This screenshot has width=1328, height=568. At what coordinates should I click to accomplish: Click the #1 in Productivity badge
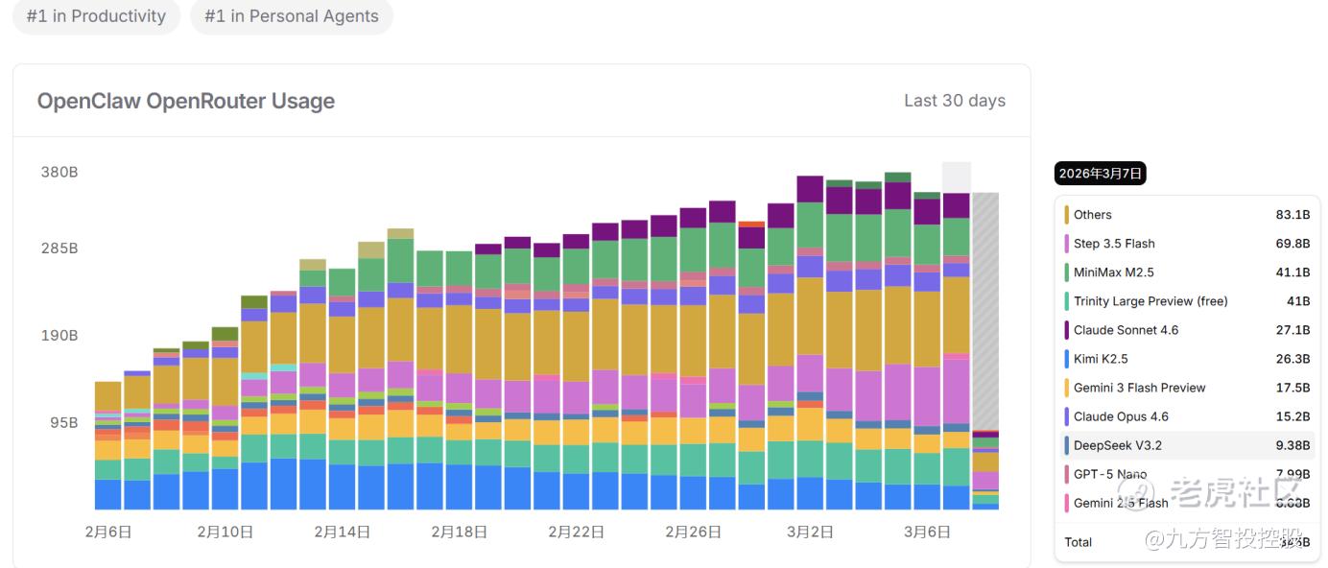click(x=96, y=16)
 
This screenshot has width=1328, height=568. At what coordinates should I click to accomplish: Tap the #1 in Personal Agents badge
click(x=292, y=16)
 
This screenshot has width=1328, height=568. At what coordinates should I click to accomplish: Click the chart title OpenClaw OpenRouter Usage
click(x=185, y=101)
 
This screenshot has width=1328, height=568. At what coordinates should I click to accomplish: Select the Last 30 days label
click(x=954, y=101)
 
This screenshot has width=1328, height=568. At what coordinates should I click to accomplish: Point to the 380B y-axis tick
click(x=59, y=173)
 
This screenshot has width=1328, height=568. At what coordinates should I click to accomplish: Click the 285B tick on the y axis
click(x=59, y=248)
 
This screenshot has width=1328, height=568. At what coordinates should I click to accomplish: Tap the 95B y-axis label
click(x=63, y=422)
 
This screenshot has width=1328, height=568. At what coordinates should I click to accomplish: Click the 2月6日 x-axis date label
click(x=107, y=532)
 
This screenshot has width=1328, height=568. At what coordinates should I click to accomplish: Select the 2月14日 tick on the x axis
click(x=342, y=532)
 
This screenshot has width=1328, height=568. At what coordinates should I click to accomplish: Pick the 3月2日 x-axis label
click(x=810, y=532)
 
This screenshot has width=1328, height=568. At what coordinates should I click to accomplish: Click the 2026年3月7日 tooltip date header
click(x=1100, y=174)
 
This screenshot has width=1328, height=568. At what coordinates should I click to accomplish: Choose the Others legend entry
click(x=1092, y=215)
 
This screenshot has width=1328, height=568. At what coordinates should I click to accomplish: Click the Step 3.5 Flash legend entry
click(x=1114, y=244)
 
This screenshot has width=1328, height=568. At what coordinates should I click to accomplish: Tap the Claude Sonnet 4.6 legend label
click(x=1126, y=330)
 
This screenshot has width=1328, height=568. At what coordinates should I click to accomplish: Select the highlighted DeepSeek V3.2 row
click(x=1187, y=445)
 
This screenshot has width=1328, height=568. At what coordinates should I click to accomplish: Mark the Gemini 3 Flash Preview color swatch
click(x=1066, y=388)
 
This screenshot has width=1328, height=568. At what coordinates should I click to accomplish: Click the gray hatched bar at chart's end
click(x=984, y=307)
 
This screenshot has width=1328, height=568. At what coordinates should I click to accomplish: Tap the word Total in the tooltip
click(x=1078, y=542)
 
